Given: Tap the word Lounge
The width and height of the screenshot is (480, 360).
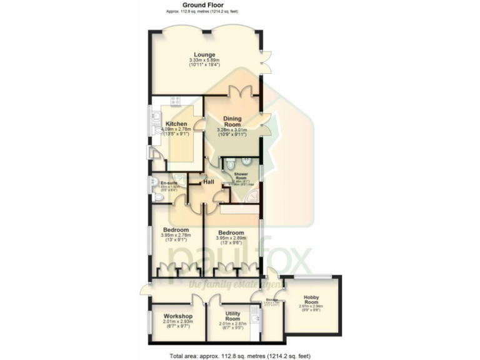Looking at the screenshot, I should [204, 53].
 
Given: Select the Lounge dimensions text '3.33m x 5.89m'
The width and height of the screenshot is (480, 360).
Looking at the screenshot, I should [204, 60].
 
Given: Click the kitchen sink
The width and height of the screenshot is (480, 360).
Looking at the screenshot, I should [154, 121].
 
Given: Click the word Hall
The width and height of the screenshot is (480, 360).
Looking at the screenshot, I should [209, 182].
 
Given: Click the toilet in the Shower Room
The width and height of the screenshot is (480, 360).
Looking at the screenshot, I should [231, 164].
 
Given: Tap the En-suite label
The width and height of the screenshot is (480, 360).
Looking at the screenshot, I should [169, 182].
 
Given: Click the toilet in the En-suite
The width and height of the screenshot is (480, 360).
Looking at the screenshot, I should [157, 197].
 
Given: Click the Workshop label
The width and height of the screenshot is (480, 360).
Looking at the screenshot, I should [177, 316].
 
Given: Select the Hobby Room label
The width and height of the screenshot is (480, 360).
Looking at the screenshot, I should [311, 299].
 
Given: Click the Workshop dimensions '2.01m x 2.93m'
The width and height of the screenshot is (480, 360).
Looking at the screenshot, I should [177, 322].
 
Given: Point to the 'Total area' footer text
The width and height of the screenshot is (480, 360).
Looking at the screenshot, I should [240, 355].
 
